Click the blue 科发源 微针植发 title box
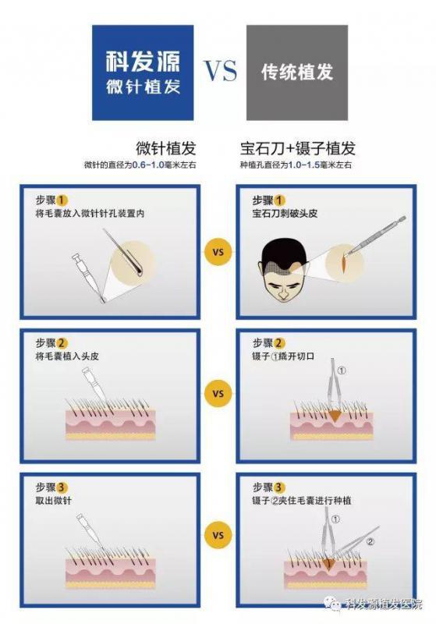(x=143, y=73)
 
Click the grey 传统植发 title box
(x=297, y=73)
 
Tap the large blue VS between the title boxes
(x=221, y=71)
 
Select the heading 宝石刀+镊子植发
(x=298, y=148)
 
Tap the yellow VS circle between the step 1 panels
(x=218, y=252)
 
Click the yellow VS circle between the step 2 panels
(x=218, y=394)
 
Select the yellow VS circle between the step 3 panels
(x=218, y=535)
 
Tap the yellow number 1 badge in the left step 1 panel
(x=62, y=200)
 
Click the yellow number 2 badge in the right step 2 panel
(x=279, y=343)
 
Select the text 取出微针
(x=54, y=500)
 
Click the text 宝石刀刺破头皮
(x=285, y=213)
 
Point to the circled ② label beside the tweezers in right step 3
(x=370, y=541)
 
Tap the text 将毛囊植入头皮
(x=67, y=356)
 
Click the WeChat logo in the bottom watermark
(x=332, y=603)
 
